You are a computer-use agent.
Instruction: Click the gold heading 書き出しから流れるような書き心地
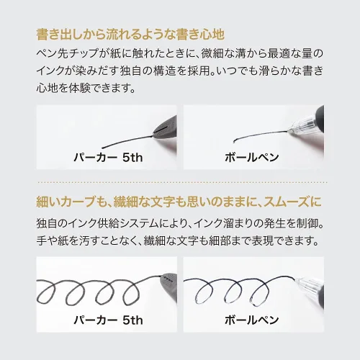130,35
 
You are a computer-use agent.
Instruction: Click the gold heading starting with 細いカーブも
179,202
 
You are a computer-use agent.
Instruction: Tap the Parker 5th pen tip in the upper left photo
166,128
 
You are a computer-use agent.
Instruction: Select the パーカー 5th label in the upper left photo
108,158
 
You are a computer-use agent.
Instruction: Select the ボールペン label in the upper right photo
252,158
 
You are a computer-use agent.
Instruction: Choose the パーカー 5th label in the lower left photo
108,320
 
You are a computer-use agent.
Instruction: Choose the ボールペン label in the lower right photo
252,320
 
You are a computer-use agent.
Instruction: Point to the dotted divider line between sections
182,183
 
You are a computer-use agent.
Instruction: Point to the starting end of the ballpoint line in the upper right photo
234,142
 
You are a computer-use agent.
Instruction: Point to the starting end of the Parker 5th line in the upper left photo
102,148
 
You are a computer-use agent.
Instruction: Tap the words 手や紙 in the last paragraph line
53,241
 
